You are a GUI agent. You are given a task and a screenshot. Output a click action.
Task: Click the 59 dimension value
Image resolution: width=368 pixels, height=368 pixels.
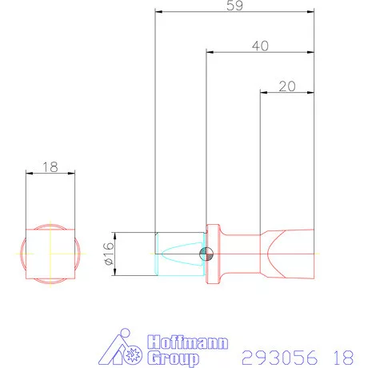pos(234,6)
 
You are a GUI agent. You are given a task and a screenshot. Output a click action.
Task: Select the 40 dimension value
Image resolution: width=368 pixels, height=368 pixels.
pos(259,46)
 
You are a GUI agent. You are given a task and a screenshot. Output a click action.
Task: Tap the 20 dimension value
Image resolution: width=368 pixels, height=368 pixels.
pos(286,86)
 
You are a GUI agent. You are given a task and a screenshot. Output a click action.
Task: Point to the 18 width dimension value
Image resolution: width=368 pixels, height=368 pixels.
pos(50,166)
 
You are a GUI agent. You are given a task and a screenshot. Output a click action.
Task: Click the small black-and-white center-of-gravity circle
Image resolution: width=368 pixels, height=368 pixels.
pos(206,254)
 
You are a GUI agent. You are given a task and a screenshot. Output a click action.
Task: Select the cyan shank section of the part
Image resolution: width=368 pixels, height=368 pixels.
pos(178,254)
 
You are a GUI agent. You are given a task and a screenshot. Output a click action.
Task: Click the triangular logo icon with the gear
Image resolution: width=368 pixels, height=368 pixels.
pos(126,349)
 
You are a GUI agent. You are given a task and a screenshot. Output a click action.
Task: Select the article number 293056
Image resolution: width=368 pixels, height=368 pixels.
pos(278,354)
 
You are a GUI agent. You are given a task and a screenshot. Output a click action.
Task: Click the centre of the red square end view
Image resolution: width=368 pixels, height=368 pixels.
pos(50,254)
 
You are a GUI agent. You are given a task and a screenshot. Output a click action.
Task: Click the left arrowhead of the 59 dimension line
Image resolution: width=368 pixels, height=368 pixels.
pos(158,13)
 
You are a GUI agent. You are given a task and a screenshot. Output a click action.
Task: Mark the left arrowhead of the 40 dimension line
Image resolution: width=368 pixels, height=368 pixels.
pos(210,54)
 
